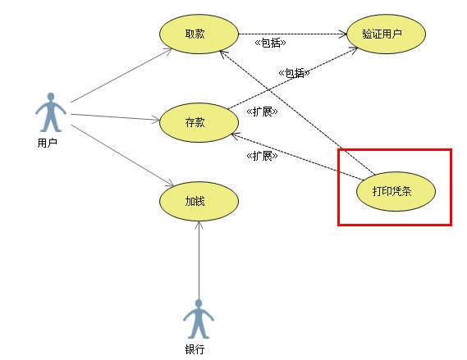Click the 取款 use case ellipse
pyautogui.click(x=199, y=34)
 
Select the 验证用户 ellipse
pyautogui.click(x=387, y=34)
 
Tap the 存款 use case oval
pyautogui.click(x=199, y=122)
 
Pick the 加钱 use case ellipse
pyautogui.click(x=199, y=202)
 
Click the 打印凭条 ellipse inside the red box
pyautogui.click(x=396, y=191)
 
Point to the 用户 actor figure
pyautogui.click(x=51, y=112)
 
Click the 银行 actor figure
pyautogui.click(x=199, y=319)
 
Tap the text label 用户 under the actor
pyautogui.click(x=47, y=143)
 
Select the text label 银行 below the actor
pyautogui.click(x=195, y=349)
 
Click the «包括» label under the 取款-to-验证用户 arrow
pyautogui.click(x=270, y=43)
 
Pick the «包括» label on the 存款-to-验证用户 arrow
pyautogui.click(x=295, y=73)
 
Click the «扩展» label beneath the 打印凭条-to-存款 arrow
pyautogui.click(x=262, y=155)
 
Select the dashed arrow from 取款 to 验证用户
pyautogui.click(x=293, y=34)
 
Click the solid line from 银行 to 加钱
pyautogui.click(x=199, y=261)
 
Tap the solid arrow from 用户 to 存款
pyautogui.click(x=115, y=117)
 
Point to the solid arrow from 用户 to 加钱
pyautogui.click(x=122, y=156)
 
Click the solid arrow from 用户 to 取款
pyautogui.click(x=121, y=75)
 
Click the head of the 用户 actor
pyautogui.click(x=51, y=97)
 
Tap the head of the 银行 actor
pyautogui.click(x=199, y=303)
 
